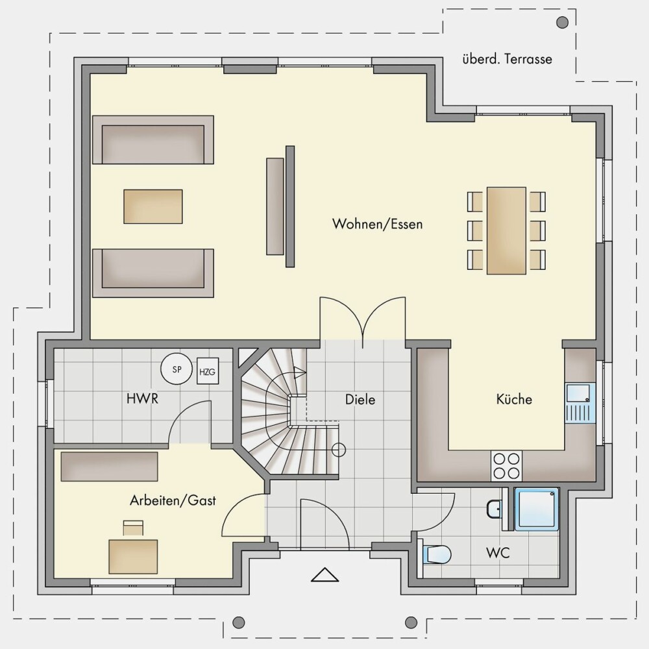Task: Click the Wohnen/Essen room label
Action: click(x=378, y=224)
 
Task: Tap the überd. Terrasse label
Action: click(x=507, y=59)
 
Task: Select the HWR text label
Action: click(x=142, y=399)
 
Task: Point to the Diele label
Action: click(x=360, y=399)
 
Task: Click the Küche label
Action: click(x=514, y=399)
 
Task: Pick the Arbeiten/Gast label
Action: click(x=173, y=500)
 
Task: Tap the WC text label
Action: click(x=498, y=552)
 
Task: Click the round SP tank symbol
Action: click(x=177, y=369)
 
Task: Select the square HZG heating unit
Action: click(x=208, y=371)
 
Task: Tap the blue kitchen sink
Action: click(x=580, y=403)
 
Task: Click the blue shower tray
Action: click(x=537, y=509)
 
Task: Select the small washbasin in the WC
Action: click(x=494, y=509)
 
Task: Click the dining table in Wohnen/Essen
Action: click(x=506, y=230)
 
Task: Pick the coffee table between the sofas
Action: click(x=153, y=206)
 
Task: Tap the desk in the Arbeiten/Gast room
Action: click(x=133, y=557)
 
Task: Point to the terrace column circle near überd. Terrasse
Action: click(x=562, y=22)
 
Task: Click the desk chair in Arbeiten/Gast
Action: click(x=133, y=528)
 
